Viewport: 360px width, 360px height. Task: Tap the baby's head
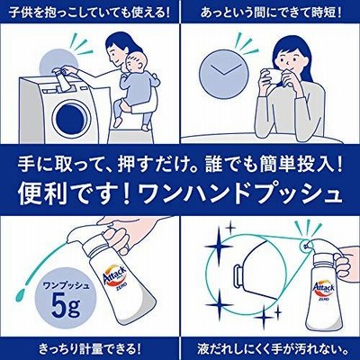137,62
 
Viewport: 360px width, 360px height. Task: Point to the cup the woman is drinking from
273,76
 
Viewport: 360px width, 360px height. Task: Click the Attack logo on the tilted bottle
114,274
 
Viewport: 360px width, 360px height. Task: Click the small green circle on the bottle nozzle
306,245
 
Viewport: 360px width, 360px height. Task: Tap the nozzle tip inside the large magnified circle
237,271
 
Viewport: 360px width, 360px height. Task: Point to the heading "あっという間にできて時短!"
271,13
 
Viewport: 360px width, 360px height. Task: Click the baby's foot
117,121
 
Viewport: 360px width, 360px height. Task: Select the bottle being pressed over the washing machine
61,79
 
